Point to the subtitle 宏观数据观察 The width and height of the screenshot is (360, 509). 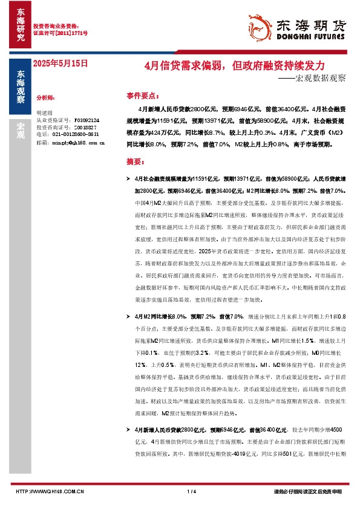pos(319,78)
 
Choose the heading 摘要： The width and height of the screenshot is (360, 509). pos(136,163)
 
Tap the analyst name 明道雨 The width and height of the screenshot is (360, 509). pos(45,113)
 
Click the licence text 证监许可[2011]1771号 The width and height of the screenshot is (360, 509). pos(60,33)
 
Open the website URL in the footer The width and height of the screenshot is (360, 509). pos(49,491)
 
